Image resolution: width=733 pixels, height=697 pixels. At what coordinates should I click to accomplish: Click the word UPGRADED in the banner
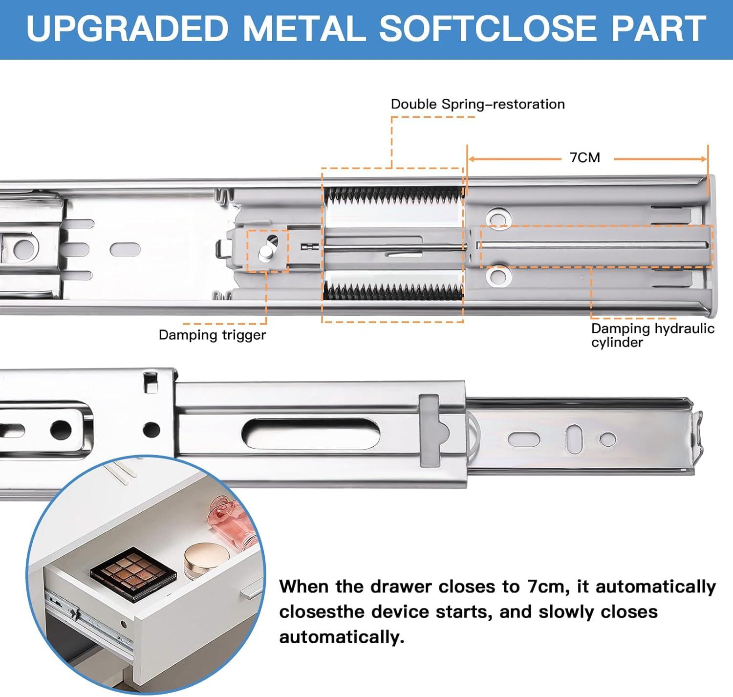127,29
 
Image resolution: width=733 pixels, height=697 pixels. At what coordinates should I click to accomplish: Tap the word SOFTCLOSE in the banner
489,29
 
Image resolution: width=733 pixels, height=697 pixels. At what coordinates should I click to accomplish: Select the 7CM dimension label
585,158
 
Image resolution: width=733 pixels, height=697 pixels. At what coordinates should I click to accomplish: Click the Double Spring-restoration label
477,104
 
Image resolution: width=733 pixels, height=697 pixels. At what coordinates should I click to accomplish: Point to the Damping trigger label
212,335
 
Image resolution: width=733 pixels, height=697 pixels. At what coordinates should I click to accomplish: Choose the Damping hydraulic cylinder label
653,335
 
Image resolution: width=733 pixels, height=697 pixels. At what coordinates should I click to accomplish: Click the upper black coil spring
394,196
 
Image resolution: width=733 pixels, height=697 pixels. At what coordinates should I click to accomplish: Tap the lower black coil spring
394,291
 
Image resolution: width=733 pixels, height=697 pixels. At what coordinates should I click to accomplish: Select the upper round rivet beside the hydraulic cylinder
498,218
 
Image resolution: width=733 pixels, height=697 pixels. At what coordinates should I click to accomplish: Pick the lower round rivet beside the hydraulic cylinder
498,277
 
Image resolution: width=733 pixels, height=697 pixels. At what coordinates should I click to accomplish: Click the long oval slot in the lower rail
311,434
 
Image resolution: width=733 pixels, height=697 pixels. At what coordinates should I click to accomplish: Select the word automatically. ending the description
342,637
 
